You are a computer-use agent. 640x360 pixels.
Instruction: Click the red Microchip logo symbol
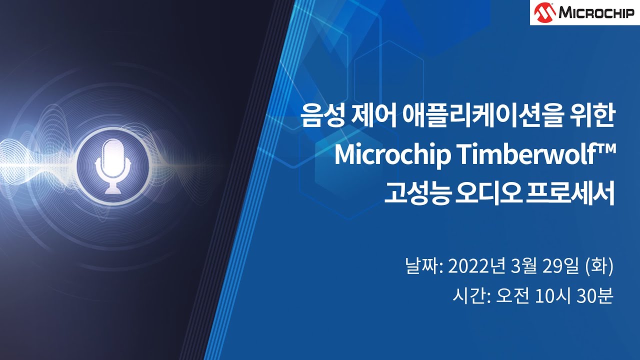pos(544,12)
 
